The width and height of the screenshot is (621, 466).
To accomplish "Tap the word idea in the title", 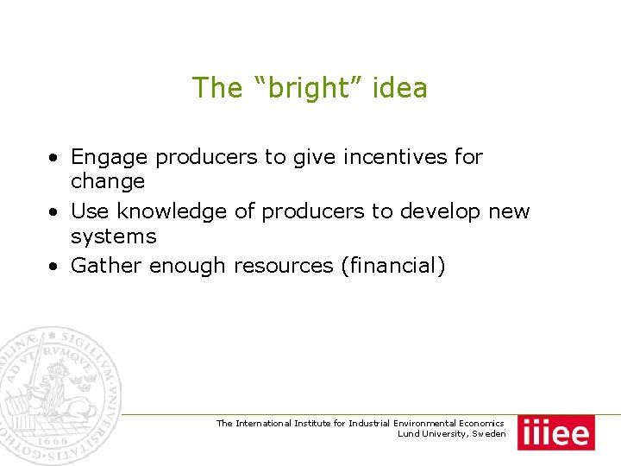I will point(399,88).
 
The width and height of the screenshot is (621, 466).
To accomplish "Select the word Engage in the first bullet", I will point(109,157).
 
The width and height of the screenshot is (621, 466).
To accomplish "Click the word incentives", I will point(391,157).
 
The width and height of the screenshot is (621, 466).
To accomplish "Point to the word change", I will point(108,181).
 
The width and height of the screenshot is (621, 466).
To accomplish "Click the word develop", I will point(438,211).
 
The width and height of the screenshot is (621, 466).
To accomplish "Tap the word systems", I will point(113,236).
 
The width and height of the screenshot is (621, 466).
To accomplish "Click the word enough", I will point(188,267).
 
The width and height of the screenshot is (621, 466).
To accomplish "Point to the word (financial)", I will point(393,267).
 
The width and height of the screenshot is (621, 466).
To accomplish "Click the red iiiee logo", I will point(556,432).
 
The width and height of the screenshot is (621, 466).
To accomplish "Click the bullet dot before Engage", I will point(53,159).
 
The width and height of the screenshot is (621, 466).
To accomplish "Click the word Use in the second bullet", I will point(89,211).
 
